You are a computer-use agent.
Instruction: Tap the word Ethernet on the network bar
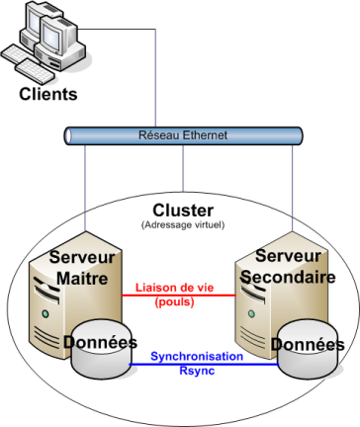click(202, 135)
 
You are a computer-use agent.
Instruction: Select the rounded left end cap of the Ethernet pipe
click(69, 136)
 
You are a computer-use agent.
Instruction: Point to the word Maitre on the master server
click(82, 279)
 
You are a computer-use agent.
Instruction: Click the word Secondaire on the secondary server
click(284, 278)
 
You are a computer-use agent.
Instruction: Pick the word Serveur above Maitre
click(82, 258)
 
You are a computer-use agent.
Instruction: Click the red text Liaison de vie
click(175, 288)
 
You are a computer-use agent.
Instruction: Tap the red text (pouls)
click(174, 301)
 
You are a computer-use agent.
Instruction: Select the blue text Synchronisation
click(197, 356)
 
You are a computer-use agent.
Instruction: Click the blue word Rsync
click(197, 371)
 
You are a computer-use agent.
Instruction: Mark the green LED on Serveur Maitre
click(45, 314)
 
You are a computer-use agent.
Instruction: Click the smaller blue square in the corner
click(34, 22)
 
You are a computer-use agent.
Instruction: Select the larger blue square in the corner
click(50, 38)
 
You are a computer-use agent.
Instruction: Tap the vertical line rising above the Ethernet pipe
click(155, 79)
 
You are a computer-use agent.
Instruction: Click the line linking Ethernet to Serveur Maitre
click(86, 188)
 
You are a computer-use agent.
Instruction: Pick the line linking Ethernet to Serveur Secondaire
click(292, 188)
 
